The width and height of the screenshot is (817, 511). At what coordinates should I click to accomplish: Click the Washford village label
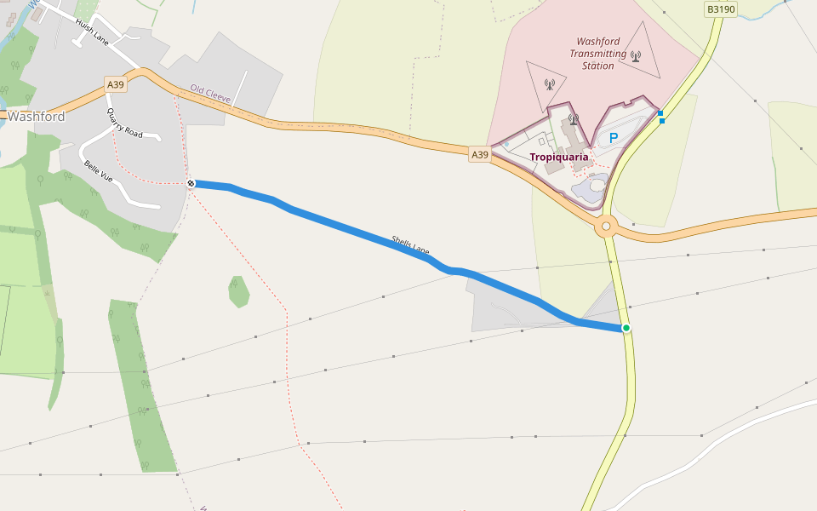pyautogui.click(x=36, y=116)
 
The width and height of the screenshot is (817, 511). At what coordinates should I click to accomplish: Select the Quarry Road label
pyautogui.click(x=124, y=123)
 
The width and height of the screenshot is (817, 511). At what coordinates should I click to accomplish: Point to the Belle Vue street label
pyautogui.click(x=98, y=172)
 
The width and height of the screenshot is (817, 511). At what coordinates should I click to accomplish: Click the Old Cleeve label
pyautogui.click(x=210, y=94)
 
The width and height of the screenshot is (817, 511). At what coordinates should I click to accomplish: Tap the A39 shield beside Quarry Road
pyautogui.click(x=116, y=84)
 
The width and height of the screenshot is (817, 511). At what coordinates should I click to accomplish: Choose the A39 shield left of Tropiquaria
pyautogui.click(x=480, y=155)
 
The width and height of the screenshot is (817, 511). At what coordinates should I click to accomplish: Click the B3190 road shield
pyautogui.click(x=721, y=9)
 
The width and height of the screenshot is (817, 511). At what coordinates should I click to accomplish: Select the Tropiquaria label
pyautogui.click(x=559, y=158)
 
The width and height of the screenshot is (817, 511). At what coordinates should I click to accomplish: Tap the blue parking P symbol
pyautogui.click(x=613, y=138)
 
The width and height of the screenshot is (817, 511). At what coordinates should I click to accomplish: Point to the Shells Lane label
pyautogui.click(x=410, y=245)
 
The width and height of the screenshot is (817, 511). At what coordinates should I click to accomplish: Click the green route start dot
pyautogui.click(x=626, y=328)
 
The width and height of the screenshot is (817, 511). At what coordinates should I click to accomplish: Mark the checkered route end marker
pyautogui.click(x=191, y=183)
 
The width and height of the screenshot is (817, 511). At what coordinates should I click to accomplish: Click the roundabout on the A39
pyautogui.click(x=606, y=227)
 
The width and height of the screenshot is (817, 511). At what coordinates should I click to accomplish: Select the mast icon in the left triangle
pyautogui.click(x=549, y=85)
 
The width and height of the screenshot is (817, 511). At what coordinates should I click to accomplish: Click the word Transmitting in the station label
pyautogui.click(x=598, y=54)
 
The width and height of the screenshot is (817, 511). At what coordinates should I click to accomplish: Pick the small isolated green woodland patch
pyautogui.click(x=239, y=291)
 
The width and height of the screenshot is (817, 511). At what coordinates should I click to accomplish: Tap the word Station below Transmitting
pyautogui.click(x=597, y=66)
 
